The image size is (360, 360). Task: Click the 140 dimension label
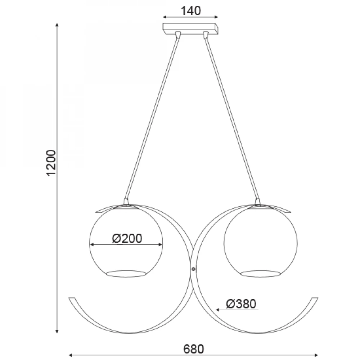190,11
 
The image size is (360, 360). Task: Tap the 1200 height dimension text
51,163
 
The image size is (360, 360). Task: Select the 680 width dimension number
193,349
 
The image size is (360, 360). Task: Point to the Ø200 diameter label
127,238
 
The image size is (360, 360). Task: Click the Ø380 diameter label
241,304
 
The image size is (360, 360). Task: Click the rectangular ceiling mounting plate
190,29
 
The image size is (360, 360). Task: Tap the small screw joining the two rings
193,269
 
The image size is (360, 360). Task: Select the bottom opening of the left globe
126,274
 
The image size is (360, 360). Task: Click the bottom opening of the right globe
261,274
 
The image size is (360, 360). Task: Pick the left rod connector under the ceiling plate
178,35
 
